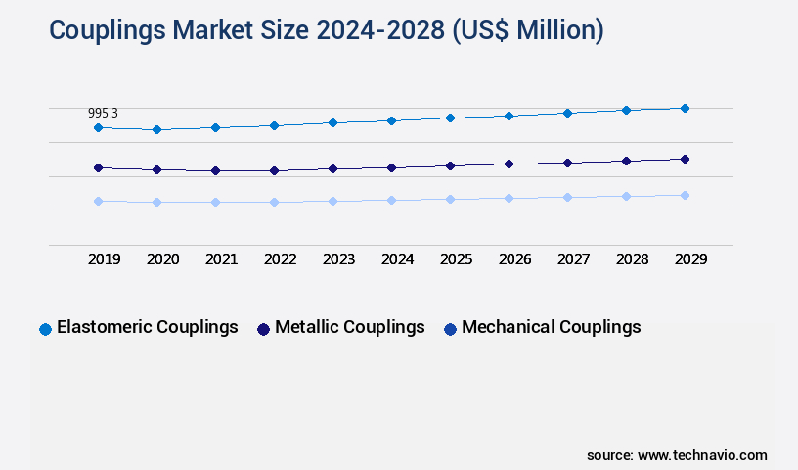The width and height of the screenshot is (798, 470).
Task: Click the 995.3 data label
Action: click(103, 114)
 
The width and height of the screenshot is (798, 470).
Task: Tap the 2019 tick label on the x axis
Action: click(104, 259)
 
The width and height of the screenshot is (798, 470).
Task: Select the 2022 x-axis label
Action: click(280, 259)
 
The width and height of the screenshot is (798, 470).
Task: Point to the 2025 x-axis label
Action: click(456, 259)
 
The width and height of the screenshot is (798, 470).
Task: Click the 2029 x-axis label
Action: click(690, 259)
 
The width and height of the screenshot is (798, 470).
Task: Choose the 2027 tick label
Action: click(573, 259)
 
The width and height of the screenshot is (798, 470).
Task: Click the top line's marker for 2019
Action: click(98, 127)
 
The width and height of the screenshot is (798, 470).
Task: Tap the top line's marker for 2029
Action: click(685, 108)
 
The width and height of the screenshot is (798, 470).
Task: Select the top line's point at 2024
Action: click(391, 120)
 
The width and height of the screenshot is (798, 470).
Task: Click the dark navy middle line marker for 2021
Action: click(215, 170)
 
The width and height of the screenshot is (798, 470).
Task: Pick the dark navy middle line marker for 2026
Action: click(509, 164)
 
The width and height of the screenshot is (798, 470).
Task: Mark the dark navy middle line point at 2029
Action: click(685, 159)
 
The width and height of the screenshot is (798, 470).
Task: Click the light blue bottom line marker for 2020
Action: click(156, 202)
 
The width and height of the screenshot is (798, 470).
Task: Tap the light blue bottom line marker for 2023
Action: click(332, 201)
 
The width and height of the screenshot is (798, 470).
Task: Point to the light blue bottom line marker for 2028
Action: click(626, 196)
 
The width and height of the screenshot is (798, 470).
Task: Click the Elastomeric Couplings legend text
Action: click(147, 327)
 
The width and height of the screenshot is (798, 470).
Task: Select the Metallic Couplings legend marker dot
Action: click(263, 329)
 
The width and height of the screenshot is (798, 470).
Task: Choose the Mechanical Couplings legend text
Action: click(551, 327)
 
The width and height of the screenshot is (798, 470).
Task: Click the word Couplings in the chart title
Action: click(109, 31)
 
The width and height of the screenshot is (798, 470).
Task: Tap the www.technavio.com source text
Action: click(702, 455)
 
